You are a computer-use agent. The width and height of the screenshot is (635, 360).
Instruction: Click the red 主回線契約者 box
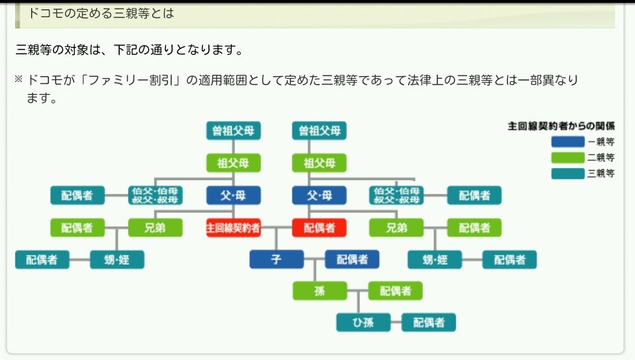click(233, 228)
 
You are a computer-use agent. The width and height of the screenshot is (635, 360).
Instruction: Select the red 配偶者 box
click(319, 228)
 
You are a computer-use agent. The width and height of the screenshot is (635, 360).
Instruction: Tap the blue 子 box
click(276, 259)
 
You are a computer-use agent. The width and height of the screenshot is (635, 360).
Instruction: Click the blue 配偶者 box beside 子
click(352, 259)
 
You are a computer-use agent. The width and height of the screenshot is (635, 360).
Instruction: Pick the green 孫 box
click(319, 291)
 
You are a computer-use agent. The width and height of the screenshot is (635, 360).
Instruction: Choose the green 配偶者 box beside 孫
click(395, 291)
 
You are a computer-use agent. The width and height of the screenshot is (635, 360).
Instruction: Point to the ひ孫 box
click(362, 322)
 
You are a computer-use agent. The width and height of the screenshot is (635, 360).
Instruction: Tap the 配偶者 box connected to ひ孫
click(429, 322)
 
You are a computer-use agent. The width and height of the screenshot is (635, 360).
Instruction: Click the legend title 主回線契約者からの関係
click(562, 125)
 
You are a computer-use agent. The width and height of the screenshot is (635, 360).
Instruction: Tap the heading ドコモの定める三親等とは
click(101, 13)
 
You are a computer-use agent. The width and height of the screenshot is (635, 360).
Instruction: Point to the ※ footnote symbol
click(19, 80)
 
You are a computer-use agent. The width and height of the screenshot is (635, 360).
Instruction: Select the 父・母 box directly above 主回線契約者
click(233, 195)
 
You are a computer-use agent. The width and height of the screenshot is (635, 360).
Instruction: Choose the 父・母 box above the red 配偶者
click(319, 195)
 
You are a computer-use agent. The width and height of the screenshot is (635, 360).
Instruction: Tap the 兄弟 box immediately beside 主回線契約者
click(155, 228)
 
